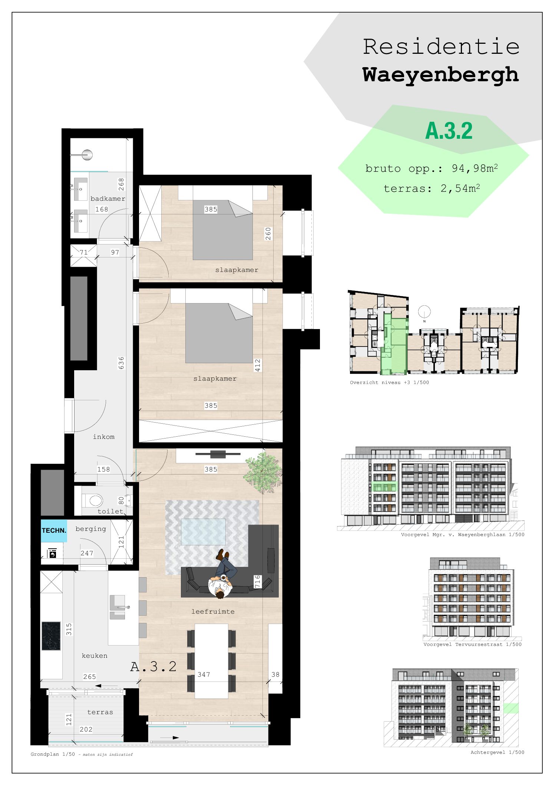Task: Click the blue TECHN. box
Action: pos(54,531)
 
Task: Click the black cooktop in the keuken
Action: pos(51,636)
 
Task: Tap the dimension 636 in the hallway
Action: pos(121,363)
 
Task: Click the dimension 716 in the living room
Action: pos(257,581)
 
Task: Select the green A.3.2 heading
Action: pos(449,131)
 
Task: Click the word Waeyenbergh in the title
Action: pos(440,75)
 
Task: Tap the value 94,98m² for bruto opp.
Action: pos(475,168)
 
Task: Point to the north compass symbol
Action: pos(424,312)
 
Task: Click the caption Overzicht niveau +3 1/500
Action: pos(389,382)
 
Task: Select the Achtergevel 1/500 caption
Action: pos(497,752)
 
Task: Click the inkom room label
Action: pos(103,437)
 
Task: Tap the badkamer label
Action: pos(108,199)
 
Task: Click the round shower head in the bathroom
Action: pos(87,155)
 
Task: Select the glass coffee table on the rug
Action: pos(203,531)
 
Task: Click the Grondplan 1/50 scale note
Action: pos(53,754)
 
